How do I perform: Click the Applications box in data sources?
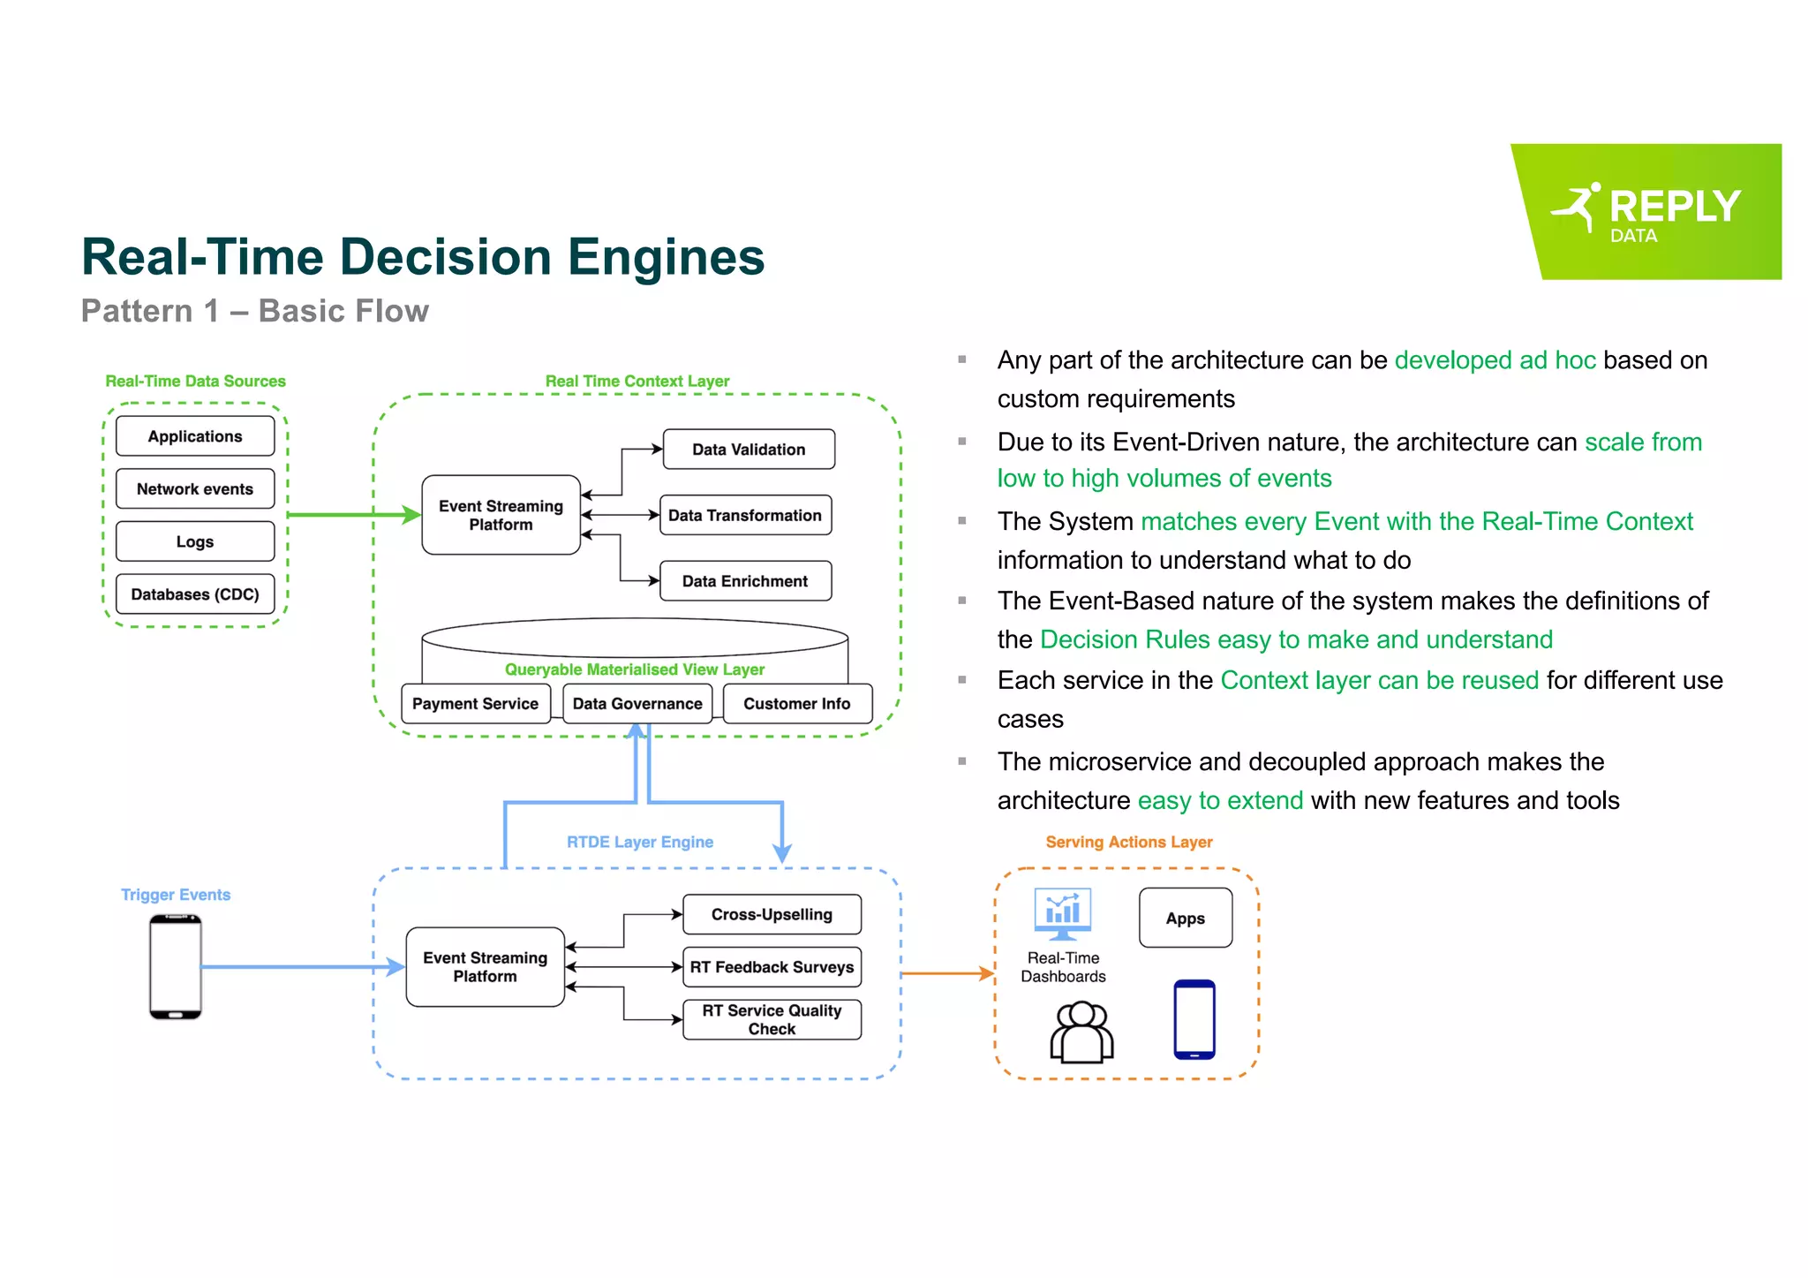coord(194,436)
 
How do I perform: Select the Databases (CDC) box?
coord(194,594)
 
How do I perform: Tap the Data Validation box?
coord(748,450)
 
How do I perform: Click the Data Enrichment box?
coord(744,581)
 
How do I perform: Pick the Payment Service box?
coord(475,704)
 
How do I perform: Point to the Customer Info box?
coord(796,704)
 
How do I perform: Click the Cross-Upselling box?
coord(772,915)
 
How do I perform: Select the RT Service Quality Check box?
coord(772,1020)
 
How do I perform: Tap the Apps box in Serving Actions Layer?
coord(1185,919)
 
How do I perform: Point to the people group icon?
coord(1081,1032)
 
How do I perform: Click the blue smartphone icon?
coord(1194,1019)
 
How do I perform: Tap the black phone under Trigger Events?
coord(176,967)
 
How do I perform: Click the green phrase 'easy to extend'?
coord(1220,800)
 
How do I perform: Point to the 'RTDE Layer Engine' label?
coord(639,843)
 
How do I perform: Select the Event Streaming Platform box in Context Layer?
coord(501,515)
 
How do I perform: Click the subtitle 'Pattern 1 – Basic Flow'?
coord(255,312)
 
